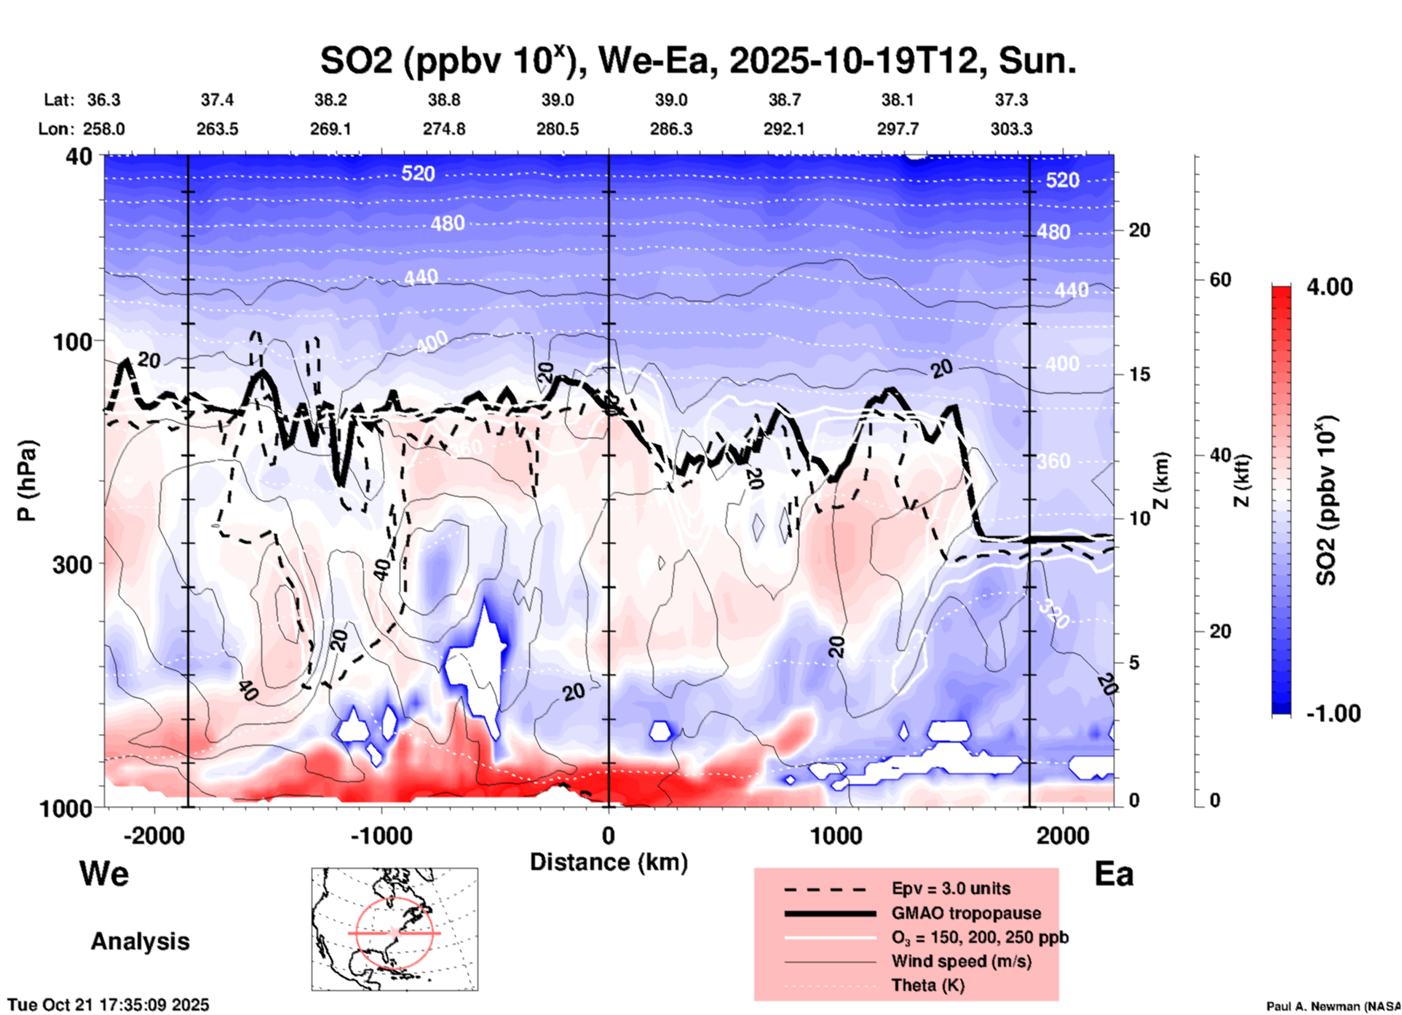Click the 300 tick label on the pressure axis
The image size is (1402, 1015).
[72, 564]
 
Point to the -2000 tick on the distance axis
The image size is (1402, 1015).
[154, 835]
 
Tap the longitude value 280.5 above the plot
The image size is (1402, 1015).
[558, 129]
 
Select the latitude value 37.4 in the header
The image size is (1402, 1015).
[217, 100]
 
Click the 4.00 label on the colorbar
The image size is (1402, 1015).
[1329, 286]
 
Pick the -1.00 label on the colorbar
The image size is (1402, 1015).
[1333, 713]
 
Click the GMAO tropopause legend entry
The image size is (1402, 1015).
[966, 913]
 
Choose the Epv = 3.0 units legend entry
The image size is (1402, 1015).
[951, 888]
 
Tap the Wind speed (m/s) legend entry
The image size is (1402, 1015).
[961, 961]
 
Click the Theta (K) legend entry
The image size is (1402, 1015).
[927, 985]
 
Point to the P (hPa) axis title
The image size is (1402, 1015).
[27, 481]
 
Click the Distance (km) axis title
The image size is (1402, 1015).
[609, 862]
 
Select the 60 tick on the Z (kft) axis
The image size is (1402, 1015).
[1220, 280]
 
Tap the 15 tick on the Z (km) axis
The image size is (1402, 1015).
[1139, 374]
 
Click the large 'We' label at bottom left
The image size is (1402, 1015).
[104, 874]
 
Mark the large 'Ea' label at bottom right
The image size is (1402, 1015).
[1114, 874]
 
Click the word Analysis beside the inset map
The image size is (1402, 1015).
[140, 941]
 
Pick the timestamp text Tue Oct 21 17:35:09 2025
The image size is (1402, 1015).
[108, 1005]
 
